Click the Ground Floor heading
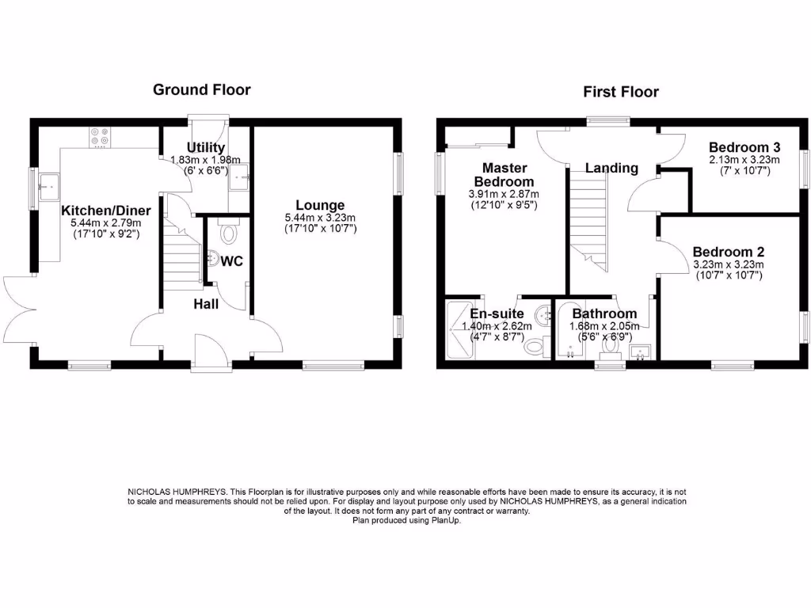202,90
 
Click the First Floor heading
621,92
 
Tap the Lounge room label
320,205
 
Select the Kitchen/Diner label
106,211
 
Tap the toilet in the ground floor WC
228,231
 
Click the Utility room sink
239,177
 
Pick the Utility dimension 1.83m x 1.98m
205,160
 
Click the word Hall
206,304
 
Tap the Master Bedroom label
504,175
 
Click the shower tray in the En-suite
460,330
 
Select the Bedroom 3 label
744,147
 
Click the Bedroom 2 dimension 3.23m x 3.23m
729,264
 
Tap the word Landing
611,168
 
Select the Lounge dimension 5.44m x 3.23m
320,218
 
